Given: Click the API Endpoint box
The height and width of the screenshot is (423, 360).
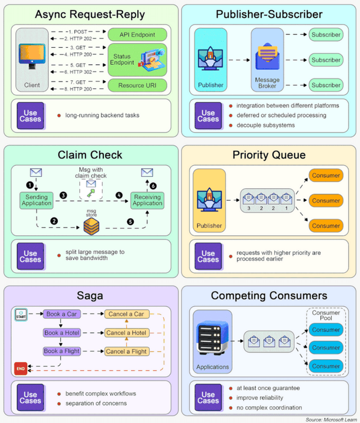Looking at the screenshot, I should point(138,34).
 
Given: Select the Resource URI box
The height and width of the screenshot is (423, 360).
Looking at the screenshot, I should point(138,85).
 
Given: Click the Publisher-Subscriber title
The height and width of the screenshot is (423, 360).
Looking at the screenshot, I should point(269,14).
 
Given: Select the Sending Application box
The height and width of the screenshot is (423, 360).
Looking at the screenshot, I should point(36,200).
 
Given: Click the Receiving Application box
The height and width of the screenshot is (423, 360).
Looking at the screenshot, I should point(147,200).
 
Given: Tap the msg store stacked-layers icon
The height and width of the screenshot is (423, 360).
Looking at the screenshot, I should point(92,225).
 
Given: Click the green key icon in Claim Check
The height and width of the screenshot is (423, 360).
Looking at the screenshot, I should point(92,192).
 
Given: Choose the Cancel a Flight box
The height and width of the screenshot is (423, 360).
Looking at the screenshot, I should point(126,351).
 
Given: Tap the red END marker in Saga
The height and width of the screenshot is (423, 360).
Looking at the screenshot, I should point(21,368).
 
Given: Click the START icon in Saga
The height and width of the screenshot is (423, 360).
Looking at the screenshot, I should point(21,314).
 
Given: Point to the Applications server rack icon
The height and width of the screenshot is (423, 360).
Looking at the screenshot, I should point(212,340).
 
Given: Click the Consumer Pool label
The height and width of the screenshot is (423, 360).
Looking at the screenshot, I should point(326,315).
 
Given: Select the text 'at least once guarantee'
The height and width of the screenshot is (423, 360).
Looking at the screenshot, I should point(267,388).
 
